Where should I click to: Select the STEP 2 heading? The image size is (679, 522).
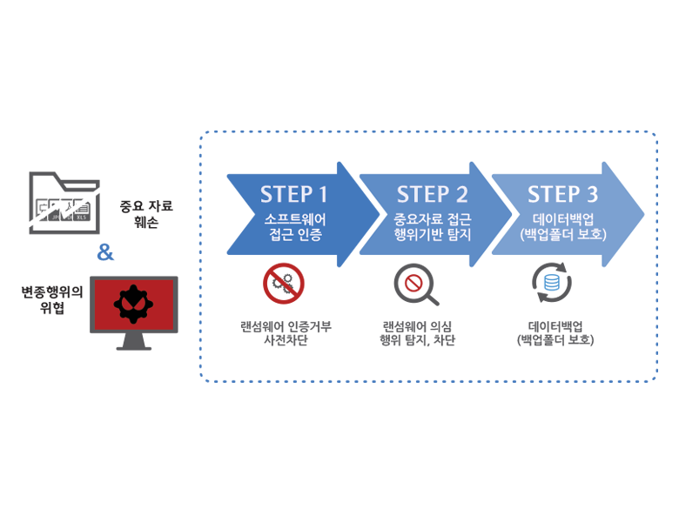[432, 193]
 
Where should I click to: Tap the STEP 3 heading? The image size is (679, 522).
[562, 193]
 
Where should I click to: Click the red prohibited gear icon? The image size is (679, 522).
[283, 283]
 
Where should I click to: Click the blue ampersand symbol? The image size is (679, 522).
[105, 253]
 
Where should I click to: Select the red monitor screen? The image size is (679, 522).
[133, 304]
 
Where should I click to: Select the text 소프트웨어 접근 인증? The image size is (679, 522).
[294, 226]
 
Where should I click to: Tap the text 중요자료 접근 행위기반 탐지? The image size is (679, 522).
[432, 226]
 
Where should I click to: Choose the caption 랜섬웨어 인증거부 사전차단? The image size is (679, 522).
[286, 333]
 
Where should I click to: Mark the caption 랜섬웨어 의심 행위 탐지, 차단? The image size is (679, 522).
[418, 333]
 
